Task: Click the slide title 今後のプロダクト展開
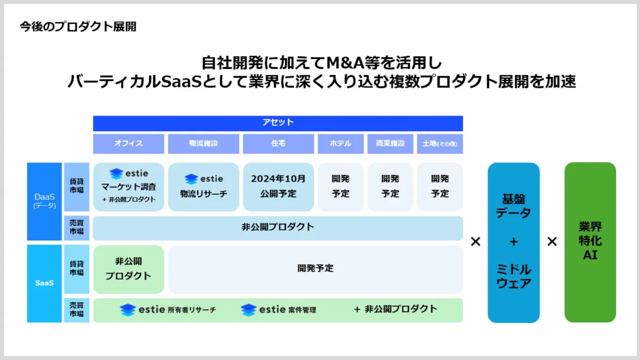pyautogui.click(x=78, y=26)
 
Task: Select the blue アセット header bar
pyautogui.click(x=278, y=123)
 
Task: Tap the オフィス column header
pyautogui.click(x=129, y=143)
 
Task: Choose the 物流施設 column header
pyautogui.click(x=203, y=143)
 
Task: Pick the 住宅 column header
pyautogui.click(x=278, y=143)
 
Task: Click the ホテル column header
pyautogui.click(x=340, y=143)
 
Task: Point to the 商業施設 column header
pyautogui.click(x=390, y=143)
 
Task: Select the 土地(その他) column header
pyautogui.click(x=439, y=143)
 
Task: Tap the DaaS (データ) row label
pyautogui.click(x=44, y=201)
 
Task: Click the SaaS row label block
pyautogui.click(x=44, y=283)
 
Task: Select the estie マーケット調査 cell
pyautogui.click(x=129, y=187)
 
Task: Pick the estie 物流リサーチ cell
pyautogui.click(x=203, y=187)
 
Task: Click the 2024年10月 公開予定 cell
pyautogui.click(x=278, y=186)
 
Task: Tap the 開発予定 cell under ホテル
pyautogui.click(x=340, y=186)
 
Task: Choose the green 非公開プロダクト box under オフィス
pyautogui.click(x=129, y=269)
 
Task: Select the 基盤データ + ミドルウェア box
pyautogui.click(x=513, y=242)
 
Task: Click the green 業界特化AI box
pyautogui.click(x=590, y=242)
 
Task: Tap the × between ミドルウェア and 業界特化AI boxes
pyautogui.click(x=552, y=242)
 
